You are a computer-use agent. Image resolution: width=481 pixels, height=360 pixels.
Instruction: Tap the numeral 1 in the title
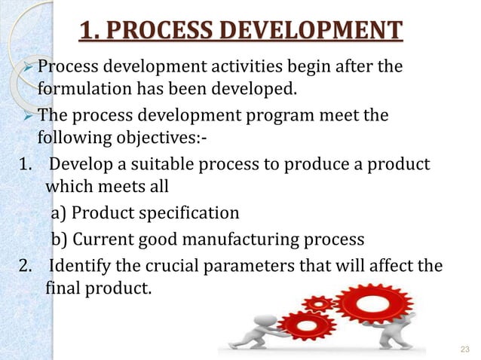tap(87, 32)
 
